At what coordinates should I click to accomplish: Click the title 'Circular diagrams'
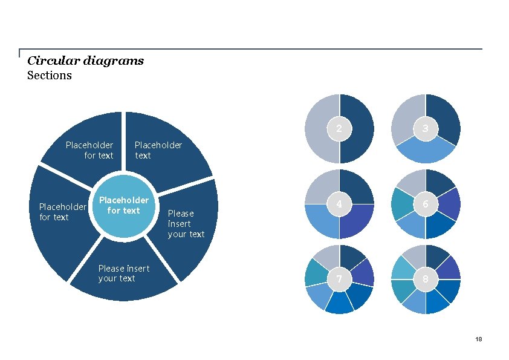tap(85, 61)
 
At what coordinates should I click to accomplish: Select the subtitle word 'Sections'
tap(50, 76)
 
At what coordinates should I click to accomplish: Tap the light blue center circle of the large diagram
tap(123, 206)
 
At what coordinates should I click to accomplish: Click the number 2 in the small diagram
tap(339, 128)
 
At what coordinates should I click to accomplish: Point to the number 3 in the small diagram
tap(426, 128)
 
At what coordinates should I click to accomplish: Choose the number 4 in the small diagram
tap(339, 205)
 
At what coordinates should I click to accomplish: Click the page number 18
tap(479, 339)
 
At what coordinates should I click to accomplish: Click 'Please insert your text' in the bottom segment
tap(124, 273)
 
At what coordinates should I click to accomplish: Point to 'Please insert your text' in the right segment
tap(186, 223)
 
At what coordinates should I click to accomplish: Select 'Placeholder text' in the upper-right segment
tap(158, 150)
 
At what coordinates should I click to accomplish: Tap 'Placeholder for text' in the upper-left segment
tap(89, 150)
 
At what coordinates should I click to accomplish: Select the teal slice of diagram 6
tap(403, 205)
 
